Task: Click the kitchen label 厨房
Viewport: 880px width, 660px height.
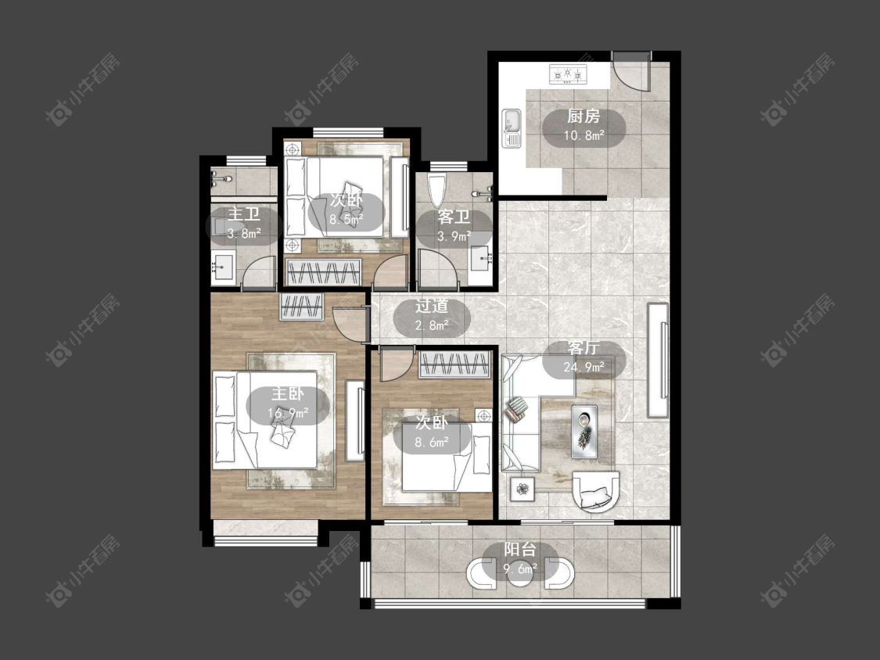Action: pos(584,117)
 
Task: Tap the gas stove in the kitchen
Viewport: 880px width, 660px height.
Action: pos(567,74)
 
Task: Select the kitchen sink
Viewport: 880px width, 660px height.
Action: pos(512,128)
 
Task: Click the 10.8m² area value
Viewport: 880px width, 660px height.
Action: pos(584,135)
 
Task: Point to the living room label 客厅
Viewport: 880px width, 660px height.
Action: pos(584,348)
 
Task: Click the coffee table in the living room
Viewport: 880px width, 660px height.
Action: pos(584,430)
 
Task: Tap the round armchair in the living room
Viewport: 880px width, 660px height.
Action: pos(595,490)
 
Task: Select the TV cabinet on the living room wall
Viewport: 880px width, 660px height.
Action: pos(658,360)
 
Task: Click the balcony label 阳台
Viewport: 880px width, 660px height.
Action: pos(520,550)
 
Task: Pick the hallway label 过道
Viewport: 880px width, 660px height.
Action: pos(432,307)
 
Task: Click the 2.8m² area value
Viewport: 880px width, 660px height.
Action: pos(432,325)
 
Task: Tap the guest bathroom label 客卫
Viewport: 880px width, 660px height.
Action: pos(454,217)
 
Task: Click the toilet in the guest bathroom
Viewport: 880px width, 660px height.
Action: pos(436,190)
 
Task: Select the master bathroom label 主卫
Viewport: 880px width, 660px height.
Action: pos(244,214)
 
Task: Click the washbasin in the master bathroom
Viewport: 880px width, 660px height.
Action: pos(224,267)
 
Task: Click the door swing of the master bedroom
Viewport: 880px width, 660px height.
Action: pos(349,324)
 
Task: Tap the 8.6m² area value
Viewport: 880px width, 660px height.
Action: pos(432,443)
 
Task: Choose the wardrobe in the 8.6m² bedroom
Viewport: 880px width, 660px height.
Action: pos(454,364)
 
